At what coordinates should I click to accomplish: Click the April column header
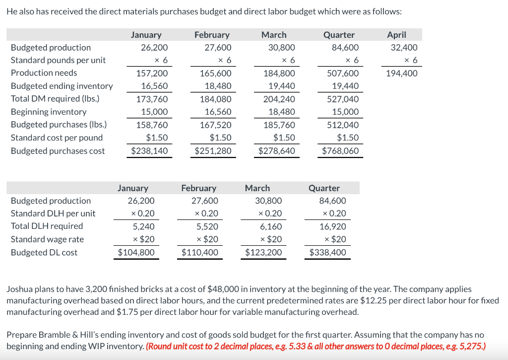pos(396,35)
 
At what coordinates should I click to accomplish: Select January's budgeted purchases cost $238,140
pos(149,150)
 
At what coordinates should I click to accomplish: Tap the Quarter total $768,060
pos(340,150)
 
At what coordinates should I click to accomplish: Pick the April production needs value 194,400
pos(401,73)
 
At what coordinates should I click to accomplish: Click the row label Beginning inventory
pos(49,112)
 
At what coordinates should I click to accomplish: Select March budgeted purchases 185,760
pos(279,125)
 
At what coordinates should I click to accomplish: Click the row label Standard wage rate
pos(47,239)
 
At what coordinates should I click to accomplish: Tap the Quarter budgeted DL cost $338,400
pos(327,252)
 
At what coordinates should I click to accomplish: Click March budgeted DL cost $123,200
pos(263,252)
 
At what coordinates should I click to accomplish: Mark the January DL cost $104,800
pos(136,252)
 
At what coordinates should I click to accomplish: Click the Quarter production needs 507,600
pos(343,73)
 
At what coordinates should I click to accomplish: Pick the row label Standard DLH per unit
pos(53,214)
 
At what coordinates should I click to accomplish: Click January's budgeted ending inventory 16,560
pos(154,86)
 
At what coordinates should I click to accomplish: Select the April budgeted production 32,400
pos(404,48)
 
